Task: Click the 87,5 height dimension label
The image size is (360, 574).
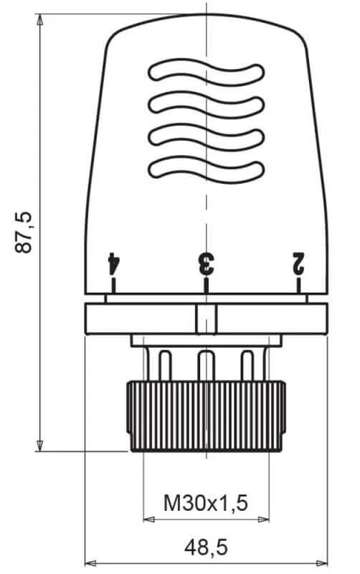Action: pos(24,232)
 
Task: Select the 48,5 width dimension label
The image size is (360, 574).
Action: pos(206,547)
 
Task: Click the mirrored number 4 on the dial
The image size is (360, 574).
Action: pos(114,263)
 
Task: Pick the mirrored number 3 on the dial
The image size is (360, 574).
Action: pos(206,263)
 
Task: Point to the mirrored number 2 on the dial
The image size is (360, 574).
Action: pos(298,263)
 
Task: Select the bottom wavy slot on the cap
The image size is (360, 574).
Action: pos(206,170)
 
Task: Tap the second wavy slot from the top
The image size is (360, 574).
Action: pos(206,105)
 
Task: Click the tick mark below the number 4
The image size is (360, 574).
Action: pos(113,286)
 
